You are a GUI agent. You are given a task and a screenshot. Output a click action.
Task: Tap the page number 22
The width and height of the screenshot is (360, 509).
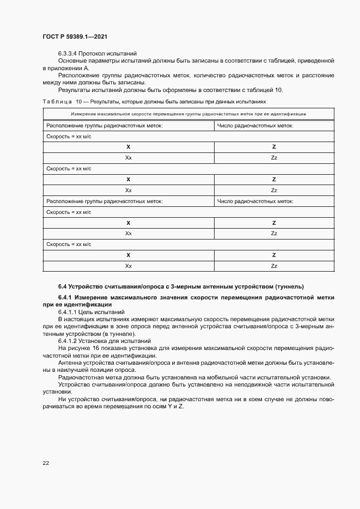pos(46,463)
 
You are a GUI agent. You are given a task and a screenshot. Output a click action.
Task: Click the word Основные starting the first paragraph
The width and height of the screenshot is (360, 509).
pos(71,61)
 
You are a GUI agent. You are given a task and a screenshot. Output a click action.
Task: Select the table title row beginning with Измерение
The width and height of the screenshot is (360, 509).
pos(188,114)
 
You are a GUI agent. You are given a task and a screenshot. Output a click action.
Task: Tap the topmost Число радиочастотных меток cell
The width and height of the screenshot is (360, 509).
pos(255,125)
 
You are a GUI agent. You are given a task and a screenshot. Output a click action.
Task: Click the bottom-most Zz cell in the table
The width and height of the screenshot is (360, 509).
pos(274,266)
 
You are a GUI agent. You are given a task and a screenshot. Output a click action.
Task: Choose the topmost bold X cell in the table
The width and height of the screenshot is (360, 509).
pos(129,147)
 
